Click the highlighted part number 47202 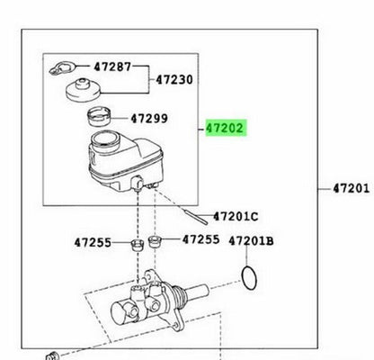click(226, 128)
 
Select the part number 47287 click(112, 67)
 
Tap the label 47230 click(174, 80)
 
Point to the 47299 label click(149, 119)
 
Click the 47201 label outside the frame click(352, 188)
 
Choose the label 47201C click(236, 216)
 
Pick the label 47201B click(251, 241)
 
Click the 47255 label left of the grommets click(93, 242)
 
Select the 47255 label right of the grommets click(201, 239)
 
